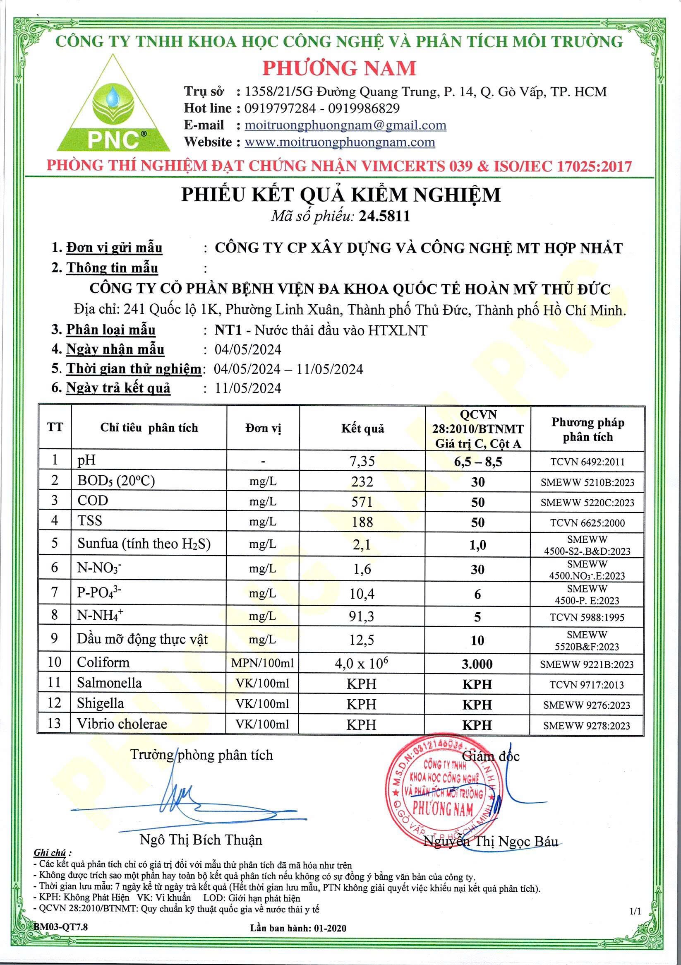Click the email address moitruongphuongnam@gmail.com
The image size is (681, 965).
(345, 125)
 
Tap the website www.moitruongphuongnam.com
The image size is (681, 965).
(339, 142)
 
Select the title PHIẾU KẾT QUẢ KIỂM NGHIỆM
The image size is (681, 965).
(341, 195)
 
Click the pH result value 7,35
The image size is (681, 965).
(362, 462)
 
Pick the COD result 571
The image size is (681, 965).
(362, 501)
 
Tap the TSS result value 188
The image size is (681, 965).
(362, 522)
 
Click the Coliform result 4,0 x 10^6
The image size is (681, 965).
(362, 663)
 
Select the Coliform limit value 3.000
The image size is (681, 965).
(477, 664)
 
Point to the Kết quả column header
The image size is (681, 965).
(362, 428)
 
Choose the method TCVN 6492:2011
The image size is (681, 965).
(587, 462)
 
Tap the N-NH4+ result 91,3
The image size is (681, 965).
(362, 616)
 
